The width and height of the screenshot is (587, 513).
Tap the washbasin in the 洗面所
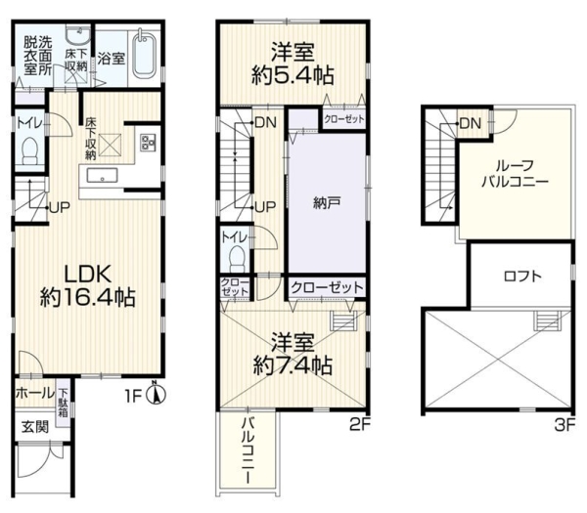[x=77, y=34]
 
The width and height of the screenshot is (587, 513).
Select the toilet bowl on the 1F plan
[x=30, y=150]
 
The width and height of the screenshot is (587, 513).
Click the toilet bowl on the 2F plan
[x=236, y=259]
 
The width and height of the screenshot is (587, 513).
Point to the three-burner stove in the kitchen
[x=148, y=143]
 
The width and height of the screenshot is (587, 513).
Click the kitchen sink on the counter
[x=102, y=175]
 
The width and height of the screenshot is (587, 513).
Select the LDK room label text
[x=88, y=274]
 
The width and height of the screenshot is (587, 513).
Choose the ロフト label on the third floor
[x=523, y=277]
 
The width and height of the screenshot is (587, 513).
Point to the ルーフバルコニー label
[x=516, y=174]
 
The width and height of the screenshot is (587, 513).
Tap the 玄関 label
[x=35, y=427]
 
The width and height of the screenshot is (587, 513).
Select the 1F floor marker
[x=134, y=397]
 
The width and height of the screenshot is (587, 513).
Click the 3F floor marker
[x=564, y=425]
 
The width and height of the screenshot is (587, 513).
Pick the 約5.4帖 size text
[x=293, y=76]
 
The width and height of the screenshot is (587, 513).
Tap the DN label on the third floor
[x=471, y=123]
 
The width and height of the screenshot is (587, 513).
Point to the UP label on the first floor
[x=60, y=207]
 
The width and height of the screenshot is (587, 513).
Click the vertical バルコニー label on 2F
[x=248, y=450]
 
